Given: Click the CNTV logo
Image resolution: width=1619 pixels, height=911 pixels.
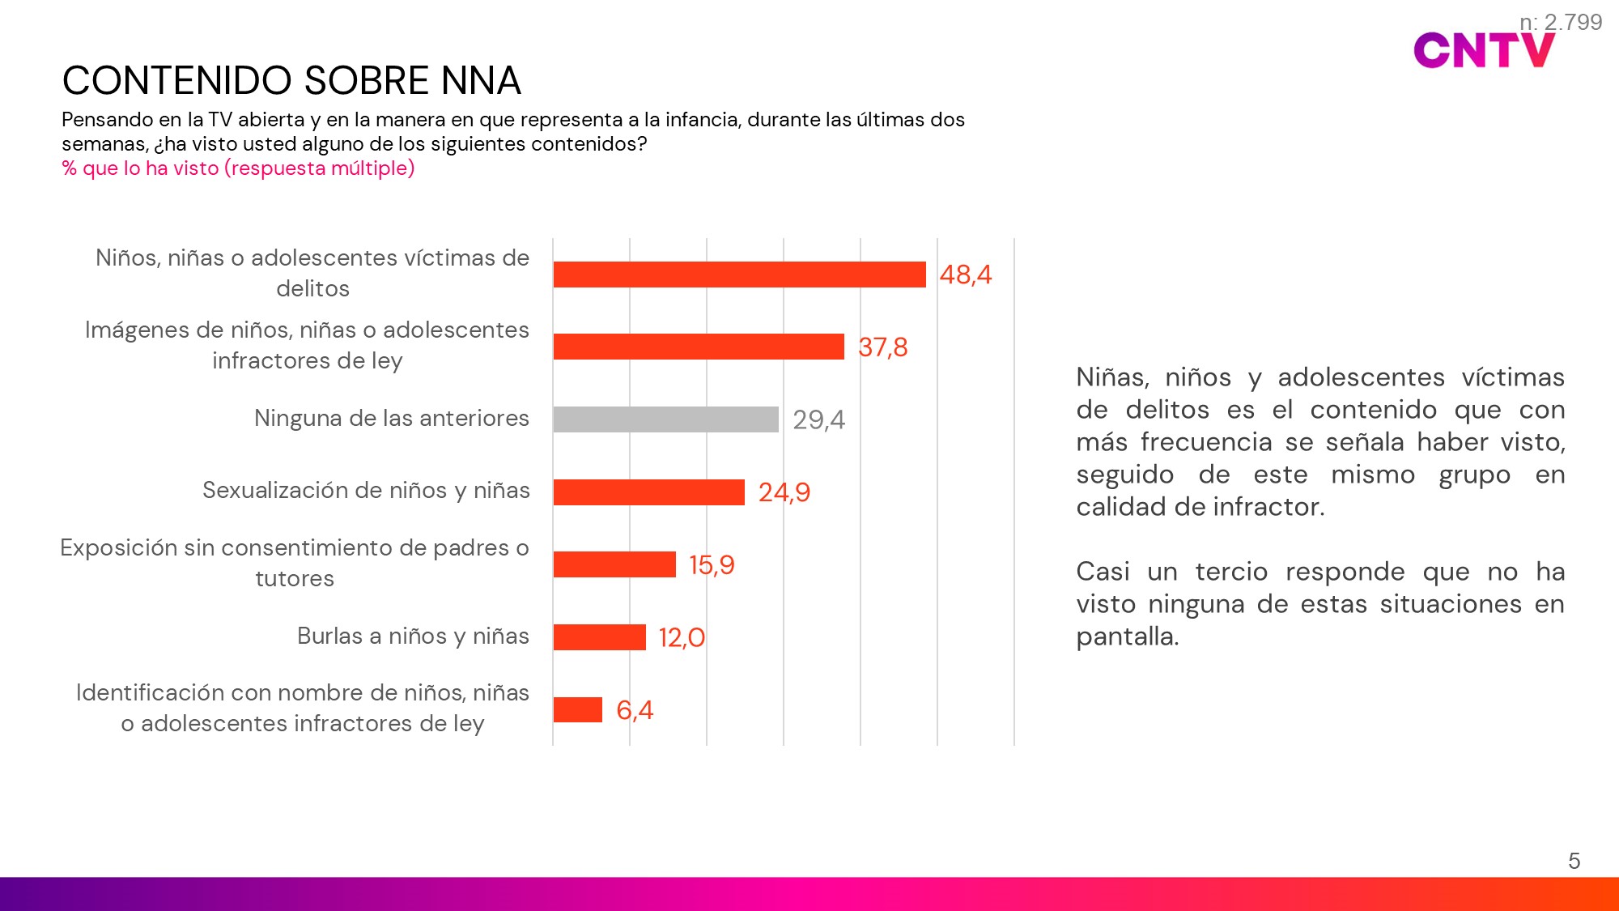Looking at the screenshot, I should [x=1483, y=51].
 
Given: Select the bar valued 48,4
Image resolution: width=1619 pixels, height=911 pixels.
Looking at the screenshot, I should [x=739, y=275].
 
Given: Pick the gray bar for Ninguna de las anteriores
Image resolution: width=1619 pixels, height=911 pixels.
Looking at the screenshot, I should [x=665, y=419].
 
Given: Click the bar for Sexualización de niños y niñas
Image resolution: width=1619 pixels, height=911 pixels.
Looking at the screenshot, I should [x=648, y=492].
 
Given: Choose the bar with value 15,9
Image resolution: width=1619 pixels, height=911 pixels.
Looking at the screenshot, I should [x=614, y=564].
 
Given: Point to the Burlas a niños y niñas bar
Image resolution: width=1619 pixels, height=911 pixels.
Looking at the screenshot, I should [x=599, y=637].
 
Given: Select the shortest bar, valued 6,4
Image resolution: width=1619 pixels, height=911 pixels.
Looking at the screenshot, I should [x=578, y=710].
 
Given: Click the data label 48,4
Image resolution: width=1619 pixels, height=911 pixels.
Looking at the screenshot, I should [x=965, y=275].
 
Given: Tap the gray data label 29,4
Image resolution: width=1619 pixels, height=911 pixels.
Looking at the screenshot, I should [x=818, y=420].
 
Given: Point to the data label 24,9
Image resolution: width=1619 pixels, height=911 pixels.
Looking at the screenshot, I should [x=784, y=492].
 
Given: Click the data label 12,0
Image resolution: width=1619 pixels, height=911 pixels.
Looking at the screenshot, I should [x=682, y=638].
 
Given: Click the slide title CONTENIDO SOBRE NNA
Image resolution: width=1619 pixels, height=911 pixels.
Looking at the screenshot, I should [x=291, y=81].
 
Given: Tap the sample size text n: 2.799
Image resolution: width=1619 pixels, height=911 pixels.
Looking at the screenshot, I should [x=1561, y=22].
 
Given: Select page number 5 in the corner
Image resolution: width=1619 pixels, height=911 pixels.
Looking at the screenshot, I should [x=1574, y=861].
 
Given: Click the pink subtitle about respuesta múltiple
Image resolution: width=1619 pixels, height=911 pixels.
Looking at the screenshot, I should [x=238, y=168].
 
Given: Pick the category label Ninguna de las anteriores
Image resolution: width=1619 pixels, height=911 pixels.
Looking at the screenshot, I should [x=391, y=419].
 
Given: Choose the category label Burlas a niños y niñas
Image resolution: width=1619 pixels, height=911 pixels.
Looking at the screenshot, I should [x=413, y=636].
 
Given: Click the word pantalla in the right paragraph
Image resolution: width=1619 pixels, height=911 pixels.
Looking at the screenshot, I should [x=1126, y=637].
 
